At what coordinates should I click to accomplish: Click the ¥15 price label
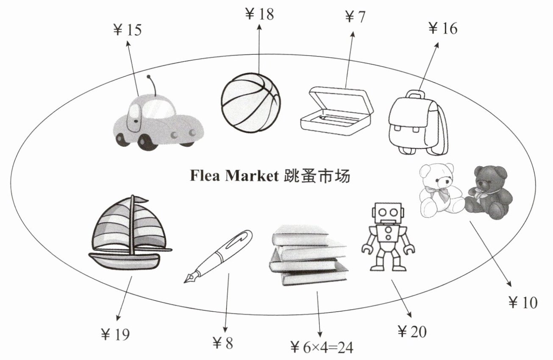[x=128, y=30]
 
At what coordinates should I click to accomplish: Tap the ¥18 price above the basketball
[x=259, y=14]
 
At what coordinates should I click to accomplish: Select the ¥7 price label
[x=355, y=17]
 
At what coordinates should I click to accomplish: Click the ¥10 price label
[x=523, y=302]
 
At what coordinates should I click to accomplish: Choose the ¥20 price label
[x=412, y=332]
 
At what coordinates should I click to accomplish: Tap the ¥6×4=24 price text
[x=322, y=348]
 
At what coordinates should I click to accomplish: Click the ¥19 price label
[x=115, y=335]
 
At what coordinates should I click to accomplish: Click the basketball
[x=251, y=103]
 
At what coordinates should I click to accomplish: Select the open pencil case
[x=337, y=111]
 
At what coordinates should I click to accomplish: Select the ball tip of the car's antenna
[x=148, y=77]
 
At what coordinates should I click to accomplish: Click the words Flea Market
[x=234, y=176]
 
